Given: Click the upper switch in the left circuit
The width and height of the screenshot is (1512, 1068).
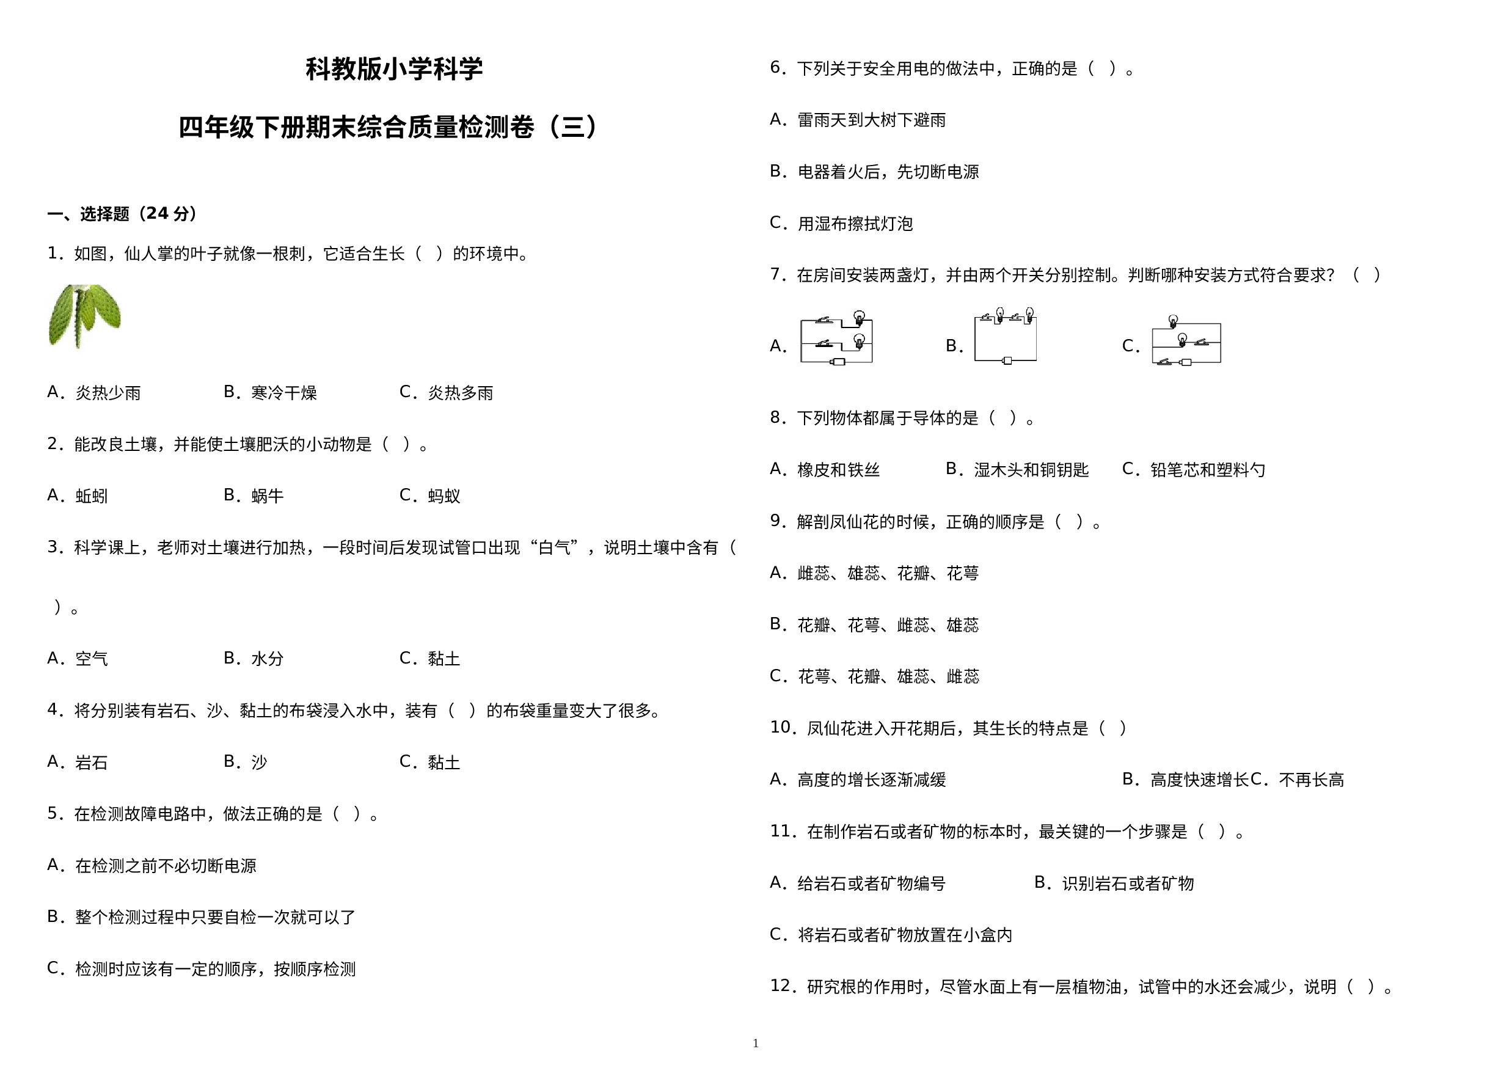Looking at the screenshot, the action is point(823,321).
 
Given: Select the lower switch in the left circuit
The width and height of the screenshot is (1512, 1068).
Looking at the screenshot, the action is point(823,344).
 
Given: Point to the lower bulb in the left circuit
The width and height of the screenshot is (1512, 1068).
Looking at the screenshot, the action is point(859,340).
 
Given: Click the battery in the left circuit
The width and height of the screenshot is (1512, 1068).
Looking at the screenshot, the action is point(838,362).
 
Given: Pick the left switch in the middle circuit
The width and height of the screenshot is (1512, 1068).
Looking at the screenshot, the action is point(986,318).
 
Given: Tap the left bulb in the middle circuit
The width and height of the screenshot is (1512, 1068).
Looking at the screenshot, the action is point(999,314).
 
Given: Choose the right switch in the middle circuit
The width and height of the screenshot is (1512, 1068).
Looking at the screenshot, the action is point(1015,318).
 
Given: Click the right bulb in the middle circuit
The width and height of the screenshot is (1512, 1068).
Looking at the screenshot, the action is point(1030,314).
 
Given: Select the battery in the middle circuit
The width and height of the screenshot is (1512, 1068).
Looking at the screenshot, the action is point(1006,360).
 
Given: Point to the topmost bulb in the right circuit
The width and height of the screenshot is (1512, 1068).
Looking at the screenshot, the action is point(1173,321).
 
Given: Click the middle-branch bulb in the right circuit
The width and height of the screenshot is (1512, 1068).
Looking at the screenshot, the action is point(1182,340).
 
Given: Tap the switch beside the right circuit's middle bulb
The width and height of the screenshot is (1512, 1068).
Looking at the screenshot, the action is point(1201,342).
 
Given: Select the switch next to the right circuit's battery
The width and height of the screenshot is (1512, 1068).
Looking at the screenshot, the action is point(1165,362).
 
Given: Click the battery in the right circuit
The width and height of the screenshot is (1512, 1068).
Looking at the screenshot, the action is point(1186,362).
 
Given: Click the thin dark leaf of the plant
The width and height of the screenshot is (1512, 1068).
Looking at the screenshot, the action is point(81,319).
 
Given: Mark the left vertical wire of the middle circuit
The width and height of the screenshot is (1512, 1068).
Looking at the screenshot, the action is point(974,340).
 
